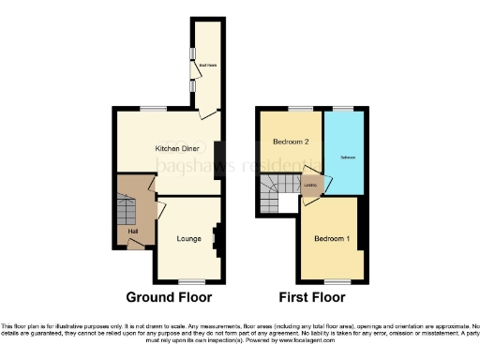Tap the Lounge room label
point(189,239)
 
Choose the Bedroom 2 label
point(290,142)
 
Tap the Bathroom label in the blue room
point(346,153)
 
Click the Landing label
point(310,185)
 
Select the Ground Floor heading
point(169,297)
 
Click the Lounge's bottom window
point(192,281)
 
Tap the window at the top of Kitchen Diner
point(154,109)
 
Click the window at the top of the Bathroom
point(345,109)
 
